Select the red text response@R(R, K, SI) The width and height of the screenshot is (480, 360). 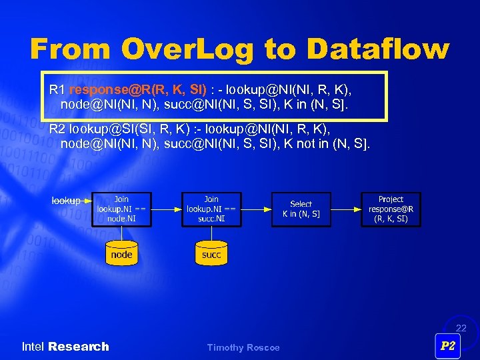tap(137, 89)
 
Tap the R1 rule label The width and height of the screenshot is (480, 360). tap(57, 89)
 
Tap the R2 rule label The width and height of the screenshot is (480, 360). tap(57, 128)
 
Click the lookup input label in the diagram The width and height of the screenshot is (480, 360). tap(66, 200)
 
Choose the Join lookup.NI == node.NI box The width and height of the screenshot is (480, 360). tap(121, 209)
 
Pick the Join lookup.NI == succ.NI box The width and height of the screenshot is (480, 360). tap(211, 209)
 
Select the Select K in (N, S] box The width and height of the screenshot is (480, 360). tap(301, 209)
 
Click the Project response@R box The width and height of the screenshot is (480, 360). tap(391, 209)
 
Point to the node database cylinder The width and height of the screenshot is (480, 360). tap(121, 253)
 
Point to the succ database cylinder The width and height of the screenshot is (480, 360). tap(211, 253)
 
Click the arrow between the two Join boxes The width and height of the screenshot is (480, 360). tap(166, 209)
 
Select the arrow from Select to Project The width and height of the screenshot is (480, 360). tap(345, 209)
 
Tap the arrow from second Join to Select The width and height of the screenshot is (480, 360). tap(255, 209)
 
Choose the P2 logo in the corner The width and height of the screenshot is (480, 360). tap(448, 346)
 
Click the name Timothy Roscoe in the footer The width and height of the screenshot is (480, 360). tap(243, 347)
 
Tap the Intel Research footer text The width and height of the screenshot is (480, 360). tap(65, 347)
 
